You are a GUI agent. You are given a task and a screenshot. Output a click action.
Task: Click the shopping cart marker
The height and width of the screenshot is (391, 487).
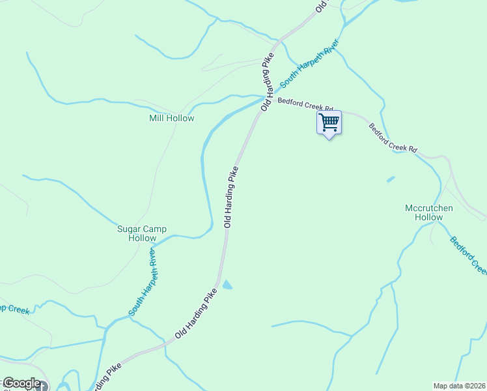329,123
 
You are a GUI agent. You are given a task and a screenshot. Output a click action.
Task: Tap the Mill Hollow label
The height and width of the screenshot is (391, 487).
172,119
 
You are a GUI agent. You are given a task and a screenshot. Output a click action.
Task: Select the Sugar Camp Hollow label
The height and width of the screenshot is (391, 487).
142,233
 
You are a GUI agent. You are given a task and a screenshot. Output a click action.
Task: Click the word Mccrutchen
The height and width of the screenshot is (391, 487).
429,209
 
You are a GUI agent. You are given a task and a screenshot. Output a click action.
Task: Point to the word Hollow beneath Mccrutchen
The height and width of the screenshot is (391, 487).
429,218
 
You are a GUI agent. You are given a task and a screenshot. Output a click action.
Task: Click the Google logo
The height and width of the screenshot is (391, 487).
21,383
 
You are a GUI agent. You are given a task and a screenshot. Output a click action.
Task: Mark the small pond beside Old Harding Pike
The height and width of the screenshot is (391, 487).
227,285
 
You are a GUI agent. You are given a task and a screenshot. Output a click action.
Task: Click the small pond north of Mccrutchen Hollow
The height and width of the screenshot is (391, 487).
391,179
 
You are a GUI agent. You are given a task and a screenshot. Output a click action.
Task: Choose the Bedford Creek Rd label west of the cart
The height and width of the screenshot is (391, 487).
305,104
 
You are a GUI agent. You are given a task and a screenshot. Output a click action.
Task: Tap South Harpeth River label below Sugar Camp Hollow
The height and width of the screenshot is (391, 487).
143,282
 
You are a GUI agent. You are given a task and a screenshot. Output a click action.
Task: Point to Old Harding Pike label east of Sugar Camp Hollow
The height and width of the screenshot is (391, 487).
231,197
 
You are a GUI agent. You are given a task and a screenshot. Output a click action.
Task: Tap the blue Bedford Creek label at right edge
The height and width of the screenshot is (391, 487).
468,254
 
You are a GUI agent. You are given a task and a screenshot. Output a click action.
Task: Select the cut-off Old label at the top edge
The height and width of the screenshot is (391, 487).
320,7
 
